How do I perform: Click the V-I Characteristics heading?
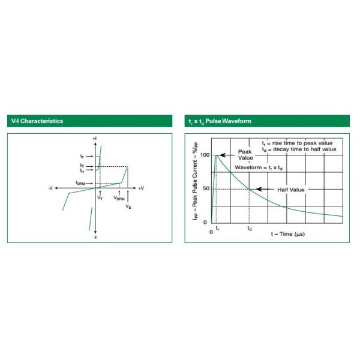coord(37,121)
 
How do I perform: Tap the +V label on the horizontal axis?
coord(141,188)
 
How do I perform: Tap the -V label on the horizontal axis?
coord(50,188)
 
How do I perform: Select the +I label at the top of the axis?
coord(95,139)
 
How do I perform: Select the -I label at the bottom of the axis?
coord(95,237)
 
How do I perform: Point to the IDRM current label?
coord(80,183)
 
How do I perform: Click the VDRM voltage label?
coord(119,198)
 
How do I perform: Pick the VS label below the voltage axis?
coord(128,206)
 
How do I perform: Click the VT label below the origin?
coord(100,197)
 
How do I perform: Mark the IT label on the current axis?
coord(82,157)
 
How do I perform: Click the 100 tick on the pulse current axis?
coord(205,155)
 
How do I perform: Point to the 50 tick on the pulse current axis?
coord(206,189)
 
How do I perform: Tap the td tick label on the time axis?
coord(250,229)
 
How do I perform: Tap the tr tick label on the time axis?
coord(217,229)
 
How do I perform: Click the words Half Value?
coord(290,190)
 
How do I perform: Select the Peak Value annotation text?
coord(245,155)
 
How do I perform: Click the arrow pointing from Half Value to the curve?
coord(265,189)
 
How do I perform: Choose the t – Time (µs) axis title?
coord(288,234)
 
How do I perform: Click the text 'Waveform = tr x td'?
coord(259,167)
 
